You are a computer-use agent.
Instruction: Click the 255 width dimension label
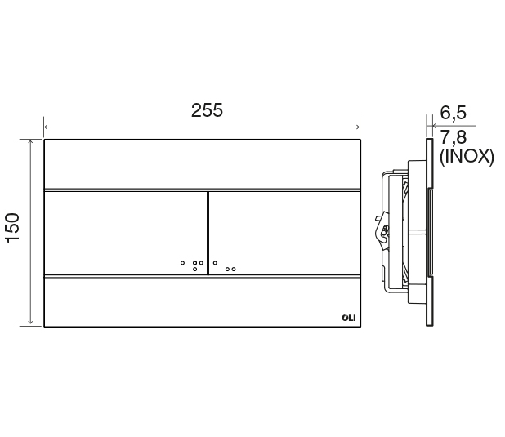click(x=207, y=111)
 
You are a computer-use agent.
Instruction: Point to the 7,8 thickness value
click(x=454, y=136)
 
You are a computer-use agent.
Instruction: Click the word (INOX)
click(x=467, y=157)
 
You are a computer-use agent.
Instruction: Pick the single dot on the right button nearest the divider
click(x=215, y=263)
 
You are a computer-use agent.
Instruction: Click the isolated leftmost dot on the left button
click(x=182, y=263)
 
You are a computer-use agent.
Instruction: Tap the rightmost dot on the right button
click(x=234, y=269)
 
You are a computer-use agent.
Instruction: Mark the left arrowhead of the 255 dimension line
click(x=46, y=127)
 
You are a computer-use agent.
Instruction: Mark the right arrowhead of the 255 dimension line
click(x=357, y=127)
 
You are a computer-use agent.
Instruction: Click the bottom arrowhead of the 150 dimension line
click(x=31, y=324)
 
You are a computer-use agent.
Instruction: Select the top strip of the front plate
click(x=201, y=163)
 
